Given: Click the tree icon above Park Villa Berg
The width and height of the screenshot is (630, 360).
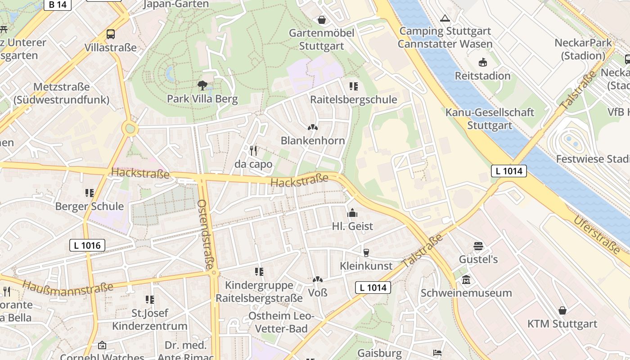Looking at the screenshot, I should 202,85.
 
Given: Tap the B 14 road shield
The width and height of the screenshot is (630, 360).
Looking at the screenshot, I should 58,5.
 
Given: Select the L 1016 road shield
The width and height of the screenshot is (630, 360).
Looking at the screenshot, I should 87,245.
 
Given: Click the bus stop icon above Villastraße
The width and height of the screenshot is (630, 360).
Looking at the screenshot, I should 110,34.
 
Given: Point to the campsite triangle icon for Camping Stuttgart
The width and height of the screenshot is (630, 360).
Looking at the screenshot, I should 445,18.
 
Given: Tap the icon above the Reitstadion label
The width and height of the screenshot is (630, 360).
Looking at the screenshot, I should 483,62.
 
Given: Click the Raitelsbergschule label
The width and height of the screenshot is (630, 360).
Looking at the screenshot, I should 354,99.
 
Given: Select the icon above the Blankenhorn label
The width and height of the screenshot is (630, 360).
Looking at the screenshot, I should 313,127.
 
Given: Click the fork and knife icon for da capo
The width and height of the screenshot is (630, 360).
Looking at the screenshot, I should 253,150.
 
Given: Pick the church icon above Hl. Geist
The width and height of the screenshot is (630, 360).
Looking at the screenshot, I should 352,212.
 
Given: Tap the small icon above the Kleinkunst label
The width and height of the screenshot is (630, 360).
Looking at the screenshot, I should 366,252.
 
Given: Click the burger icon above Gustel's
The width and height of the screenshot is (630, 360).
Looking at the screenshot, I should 478,246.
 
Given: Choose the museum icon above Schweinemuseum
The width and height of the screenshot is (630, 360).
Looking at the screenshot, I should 466,279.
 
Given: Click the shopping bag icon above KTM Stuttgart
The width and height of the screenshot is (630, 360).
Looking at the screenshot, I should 562,310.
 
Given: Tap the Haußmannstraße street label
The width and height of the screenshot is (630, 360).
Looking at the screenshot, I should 67,287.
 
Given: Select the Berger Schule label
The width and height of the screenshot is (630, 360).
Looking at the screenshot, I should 89,207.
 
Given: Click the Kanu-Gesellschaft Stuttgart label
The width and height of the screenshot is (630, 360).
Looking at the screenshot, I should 490,119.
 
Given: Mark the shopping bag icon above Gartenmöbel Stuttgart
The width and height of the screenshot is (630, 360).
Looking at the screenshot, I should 322,20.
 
